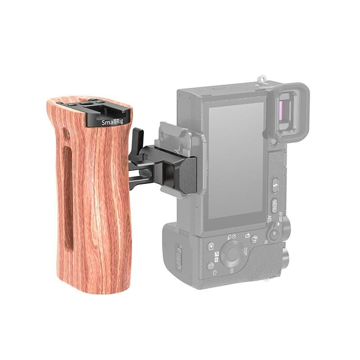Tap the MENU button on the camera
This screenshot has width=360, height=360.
coord(274,205)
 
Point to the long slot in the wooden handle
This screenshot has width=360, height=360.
coord(67,198)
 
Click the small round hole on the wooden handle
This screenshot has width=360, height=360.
coord(66,134)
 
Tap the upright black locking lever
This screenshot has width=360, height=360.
coord(138,138)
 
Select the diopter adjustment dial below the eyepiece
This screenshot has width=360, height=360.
coord(272,143)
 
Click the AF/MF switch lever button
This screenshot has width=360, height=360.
coord(274,234)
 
